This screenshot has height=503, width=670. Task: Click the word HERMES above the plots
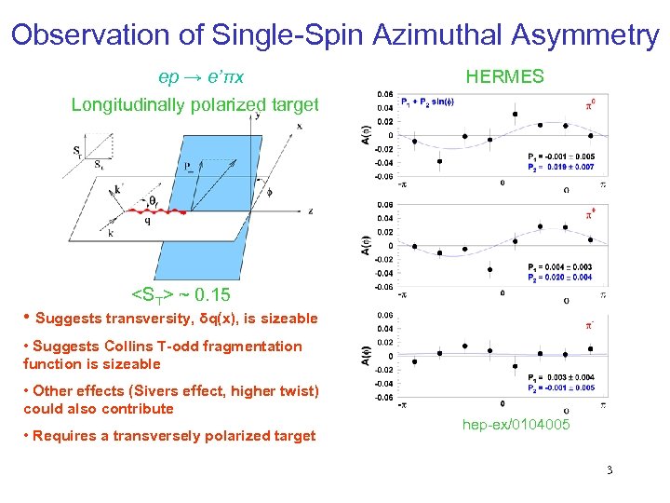(504, 77)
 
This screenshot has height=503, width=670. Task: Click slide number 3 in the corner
(609, 469)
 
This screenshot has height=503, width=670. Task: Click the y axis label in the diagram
(256, 116)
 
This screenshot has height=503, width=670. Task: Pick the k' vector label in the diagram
(117, 189)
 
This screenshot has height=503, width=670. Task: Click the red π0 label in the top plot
(589, 104)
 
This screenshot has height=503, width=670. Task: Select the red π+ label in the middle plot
(589, 214)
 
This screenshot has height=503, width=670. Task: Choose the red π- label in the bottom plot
(589, 326)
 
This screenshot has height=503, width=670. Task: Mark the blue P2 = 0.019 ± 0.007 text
(559, 168)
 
